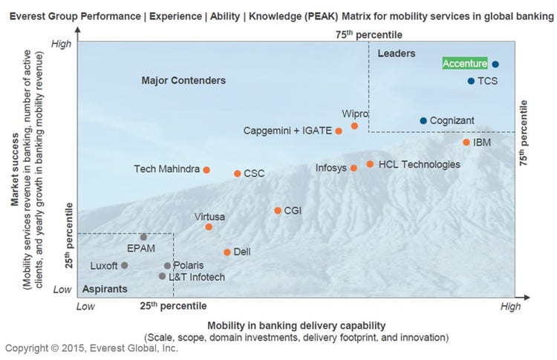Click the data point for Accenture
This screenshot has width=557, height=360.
[495, 65]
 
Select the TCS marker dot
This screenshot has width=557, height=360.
[471, 81]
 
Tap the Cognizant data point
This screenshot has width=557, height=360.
[423, 120]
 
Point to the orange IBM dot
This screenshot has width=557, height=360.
[466, 142]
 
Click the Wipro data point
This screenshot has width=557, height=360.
[354, 126]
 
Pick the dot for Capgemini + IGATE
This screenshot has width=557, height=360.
[339, 131]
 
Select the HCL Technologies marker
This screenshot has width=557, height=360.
[370, 164]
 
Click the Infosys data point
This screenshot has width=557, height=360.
[354, 168]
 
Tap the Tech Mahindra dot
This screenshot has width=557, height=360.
[206, 170]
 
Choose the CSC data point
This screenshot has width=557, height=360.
[238, 174]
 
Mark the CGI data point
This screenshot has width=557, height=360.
[278, 211]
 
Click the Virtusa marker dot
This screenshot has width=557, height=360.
[209, 227]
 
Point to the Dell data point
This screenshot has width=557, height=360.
[227, 252]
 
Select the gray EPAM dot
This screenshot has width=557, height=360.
[143, 238]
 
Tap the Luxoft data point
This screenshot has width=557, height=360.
[125, 265]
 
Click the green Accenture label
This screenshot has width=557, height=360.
[465, 64]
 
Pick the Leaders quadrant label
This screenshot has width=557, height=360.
[397, 53]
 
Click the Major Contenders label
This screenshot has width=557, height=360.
[183, 80]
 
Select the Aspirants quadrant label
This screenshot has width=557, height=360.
[104, 289]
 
